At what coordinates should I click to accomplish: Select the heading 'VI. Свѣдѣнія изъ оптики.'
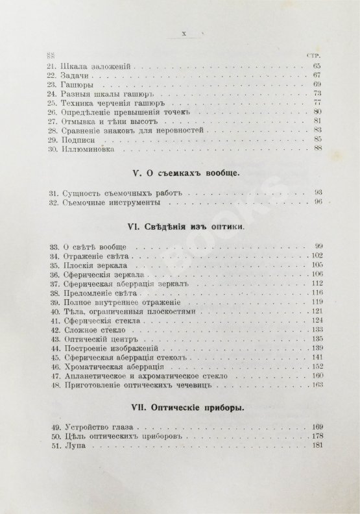pyautogui.click(x=184, y=230)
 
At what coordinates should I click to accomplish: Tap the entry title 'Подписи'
pyautogui.click(x=77, y=139)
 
